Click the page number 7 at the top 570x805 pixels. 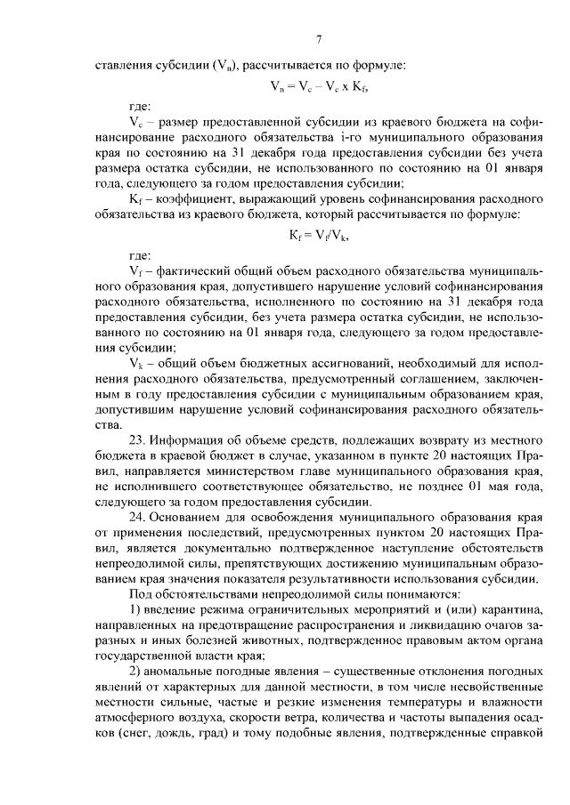318,38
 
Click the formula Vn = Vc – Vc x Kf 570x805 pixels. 319,87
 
